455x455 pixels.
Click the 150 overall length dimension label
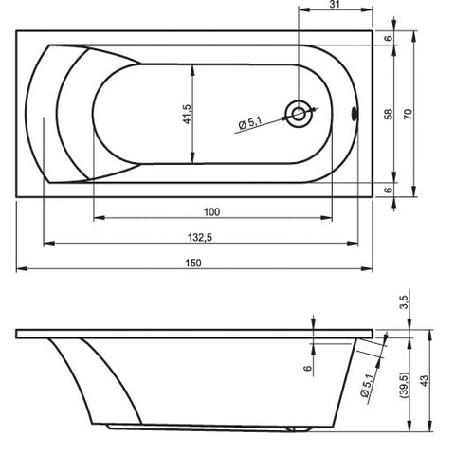click(193, 263)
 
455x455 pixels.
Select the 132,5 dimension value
click(200, 237)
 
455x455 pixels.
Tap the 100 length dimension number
click(211, 212)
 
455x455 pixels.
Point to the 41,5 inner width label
click(187, 114)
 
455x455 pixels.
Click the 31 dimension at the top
click(336, 4)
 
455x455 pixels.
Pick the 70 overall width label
click(409, 114)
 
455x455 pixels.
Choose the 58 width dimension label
click(389, 114)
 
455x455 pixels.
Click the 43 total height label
click(425, 380)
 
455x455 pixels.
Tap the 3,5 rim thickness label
click(406, 302)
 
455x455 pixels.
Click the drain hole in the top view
click(299, 114)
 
